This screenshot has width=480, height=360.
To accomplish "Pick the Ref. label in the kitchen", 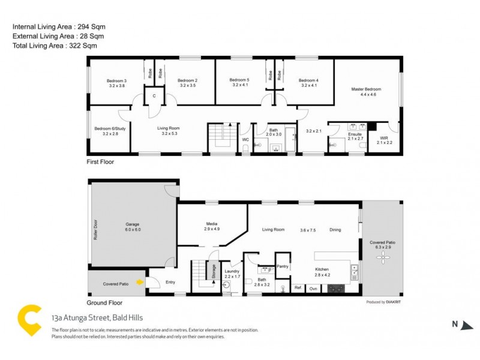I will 298,289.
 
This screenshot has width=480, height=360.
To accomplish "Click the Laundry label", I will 232,271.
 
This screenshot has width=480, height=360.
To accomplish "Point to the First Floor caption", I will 100,162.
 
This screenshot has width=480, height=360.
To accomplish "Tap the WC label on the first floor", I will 245,140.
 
